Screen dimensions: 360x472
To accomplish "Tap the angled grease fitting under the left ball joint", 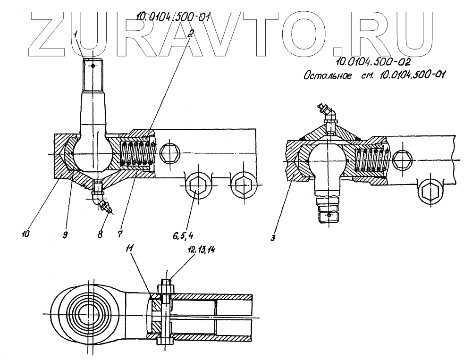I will tap(103, 201).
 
